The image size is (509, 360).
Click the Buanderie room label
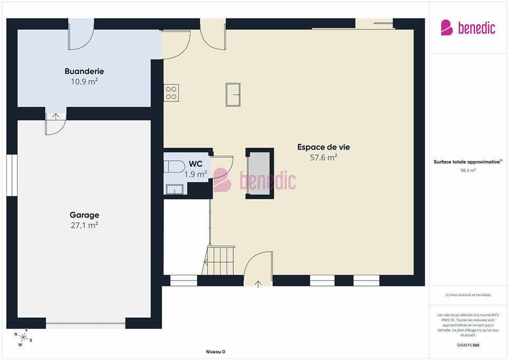84,71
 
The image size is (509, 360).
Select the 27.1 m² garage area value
84,225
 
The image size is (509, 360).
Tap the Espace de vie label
323,147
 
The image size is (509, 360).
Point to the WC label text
195,164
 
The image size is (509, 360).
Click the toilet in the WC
174,167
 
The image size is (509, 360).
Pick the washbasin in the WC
175,189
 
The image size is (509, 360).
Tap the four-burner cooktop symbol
171,93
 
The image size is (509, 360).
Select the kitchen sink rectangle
233,95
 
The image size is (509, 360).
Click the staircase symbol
219,260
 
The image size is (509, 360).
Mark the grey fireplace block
259,173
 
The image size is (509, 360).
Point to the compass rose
23,337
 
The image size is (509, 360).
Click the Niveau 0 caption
215,352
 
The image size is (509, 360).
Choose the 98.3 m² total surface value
468,170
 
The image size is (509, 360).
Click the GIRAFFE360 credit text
468,345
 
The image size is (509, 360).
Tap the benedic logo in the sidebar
468,28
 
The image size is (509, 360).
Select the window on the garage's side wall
12,175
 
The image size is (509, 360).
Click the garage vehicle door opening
85,323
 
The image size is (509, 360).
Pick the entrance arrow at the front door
258,284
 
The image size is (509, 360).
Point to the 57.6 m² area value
323,157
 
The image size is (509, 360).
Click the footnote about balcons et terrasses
468,295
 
